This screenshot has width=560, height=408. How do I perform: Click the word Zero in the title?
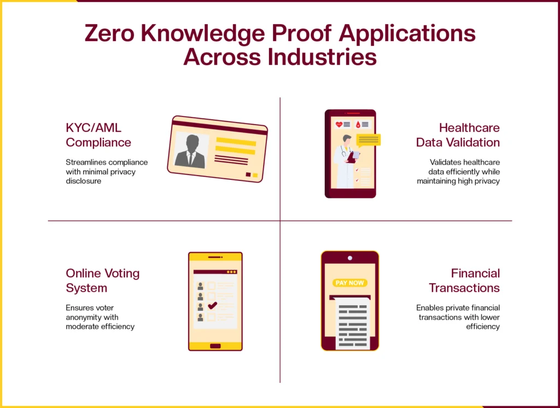pyautogui.click(x=109, y=33)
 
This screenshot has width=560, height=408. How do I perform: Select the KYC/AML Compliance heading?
pyautogui.click(x=98, y=135)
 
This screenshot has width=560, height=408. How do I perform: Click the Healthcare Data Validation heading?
pyautogui.click(x=458, y=135)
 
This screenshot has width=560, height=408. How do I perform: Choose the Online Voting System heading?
pyautogui.click(x=102, y=281)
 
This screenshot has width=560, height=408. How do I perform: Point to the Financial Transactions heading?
pyautogui.click(x=464, y=281)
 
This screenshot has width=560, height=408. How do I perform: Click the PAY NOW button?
pyautogui.click(x=350, y=283)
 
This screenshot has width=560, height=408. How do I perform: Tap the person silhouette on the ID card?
pyautogui.click(x=191, y=151)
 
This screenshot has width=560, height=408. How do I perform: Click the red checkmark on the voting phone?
pyautogui.click(x=213, y=305)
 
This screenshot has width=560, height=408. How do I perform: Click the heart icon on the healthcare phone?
pyautogui.click(x=339, y=124)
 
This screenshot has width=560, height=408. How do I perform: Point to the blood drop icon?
pyautogui.click(x=358, y=124)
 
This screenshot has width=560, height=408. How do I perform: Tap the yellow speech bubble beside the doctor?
pyautogui.click(x=369, y=141)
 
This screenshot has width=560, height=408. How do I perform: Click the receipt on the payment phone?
pyautogui.click(x=353, y=323)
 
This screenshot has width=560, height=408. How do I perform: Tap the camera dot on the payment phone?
pyautogui.click(x=350, y=258)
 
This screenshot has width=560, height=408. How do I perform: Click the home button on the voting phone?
pyautogui.click(x=215, y=346)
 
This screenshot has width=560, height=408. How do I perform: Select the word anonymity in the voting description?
pyautogui.click(x=83, y=317)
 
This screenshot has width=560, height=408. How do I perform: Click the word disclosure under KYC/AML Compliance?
pyautogui.click(x=83, y=181)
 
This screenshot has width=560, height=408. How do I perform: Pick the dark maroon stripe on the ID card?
pyautogui.click(x=219, y=127)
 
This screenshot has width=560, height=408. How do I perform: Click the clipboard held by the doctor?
pyautogui.click(x=353, y=156)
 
